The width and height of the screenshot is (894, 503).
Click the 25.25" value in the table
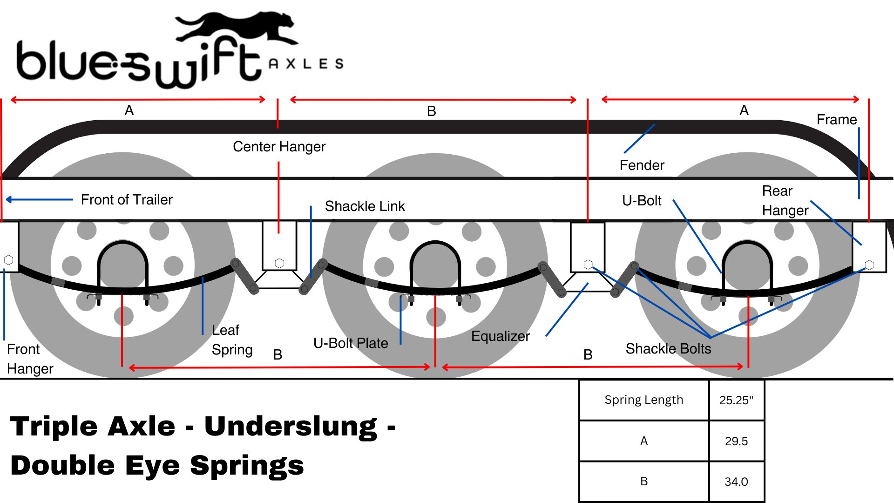pos(736,400)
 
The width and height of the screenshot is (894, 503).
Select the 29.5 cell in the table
pos(736,441)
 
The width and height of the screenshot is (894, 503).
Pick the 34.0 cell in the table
pos(736,482)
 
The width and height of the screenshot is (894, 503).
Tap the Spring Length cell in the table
pos(643,400)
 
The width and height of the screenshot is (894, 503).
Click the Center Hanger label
pos(279,147)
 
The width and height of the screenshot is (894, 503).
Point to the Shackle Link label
pos(365,206)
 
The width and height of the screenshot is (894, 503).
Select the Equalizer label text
pos(500,336)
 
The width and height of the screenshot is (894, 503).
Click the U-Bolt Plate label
pos(351,343)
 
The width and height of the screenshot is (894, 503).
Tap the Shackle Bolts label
pos(668,349)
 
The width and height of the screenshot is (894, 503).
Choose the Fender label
pos(642,165)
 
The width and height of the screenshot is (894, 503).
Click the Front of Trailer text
pos(127,200)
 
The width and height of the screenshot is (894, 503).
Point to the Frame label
pos(836,120)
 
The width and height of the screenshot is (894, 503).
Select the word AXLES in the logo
pos(306,64)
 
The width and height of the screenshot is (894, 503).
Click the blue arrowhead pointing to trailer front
pos(9,200)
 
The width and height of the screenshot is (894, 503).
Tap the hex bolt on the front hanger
pos(8,260)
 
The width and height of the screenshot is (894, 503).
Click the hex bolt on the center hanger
pos(279,263)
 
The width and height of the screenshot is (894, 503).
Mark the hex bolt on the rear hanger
pos(869,265)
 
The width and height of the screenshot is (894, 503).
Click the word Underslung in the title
pos(291,427)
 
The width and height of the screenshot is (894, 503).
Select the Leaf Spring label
pos(232,340)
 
